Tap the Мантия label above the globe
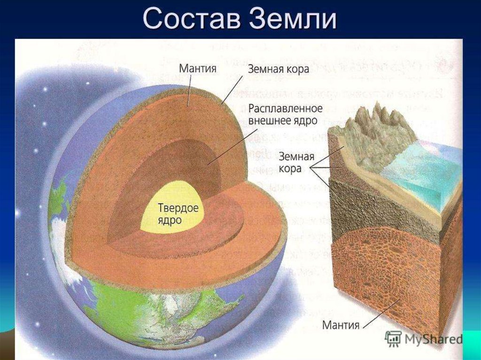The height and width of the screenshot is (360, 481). point(197,68)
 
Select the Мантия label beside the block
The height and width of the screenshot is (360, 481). point(341,324)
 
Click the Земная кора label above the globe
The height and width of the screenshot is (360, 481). point(279,69)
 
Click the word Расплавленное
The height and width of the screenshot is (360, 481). point(285,108)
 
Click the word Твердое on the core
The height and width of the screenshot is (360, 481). point(178,207)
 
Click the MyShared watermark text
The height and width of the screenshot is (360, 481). point(432,338)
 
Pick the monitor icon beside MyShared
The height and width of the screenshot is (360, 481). point(393,338)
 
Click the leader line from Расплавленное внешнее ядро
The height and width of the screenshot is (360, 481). point(230,146)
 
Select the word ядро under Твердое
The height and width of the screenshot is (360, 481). point(170,219)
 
